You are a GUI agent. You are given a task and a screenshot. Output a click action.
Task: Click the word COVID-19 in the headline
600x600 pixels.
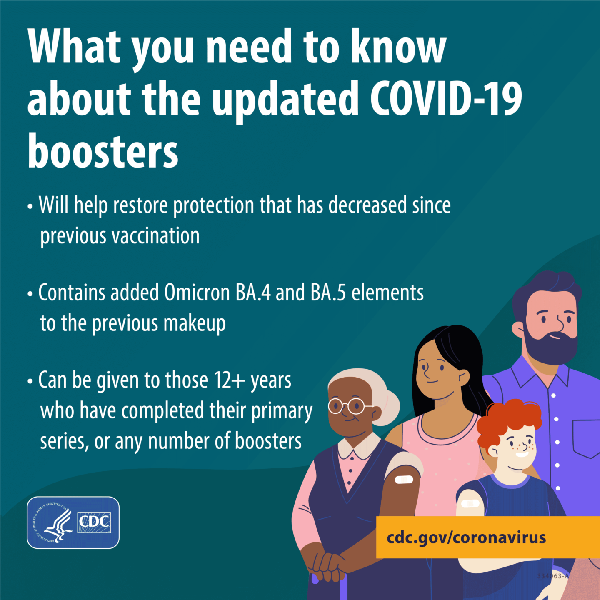pyautogui.click(x=445, y=98)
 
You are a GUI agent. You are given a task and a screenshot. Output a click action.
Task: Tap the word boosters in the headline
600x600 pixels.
pyautogui.click(x=103, y=150)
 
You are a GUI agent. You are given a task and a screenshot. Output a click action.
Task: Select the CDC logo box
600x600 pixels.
pyautogui.click(x=73, y=522)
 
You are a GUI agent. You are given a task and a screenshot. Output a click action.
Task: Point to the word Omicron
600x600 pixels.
pyautogui.click(x=197, y=292)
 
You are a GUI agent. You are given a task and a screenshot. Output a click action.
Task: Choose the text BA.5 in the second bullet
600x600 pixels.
pyautogui.click(x=328, y=292)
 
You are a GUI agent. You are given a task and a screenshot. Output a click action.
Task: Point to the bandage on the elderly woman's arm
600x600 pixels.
pyautogui.click(x=404, y=480)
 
